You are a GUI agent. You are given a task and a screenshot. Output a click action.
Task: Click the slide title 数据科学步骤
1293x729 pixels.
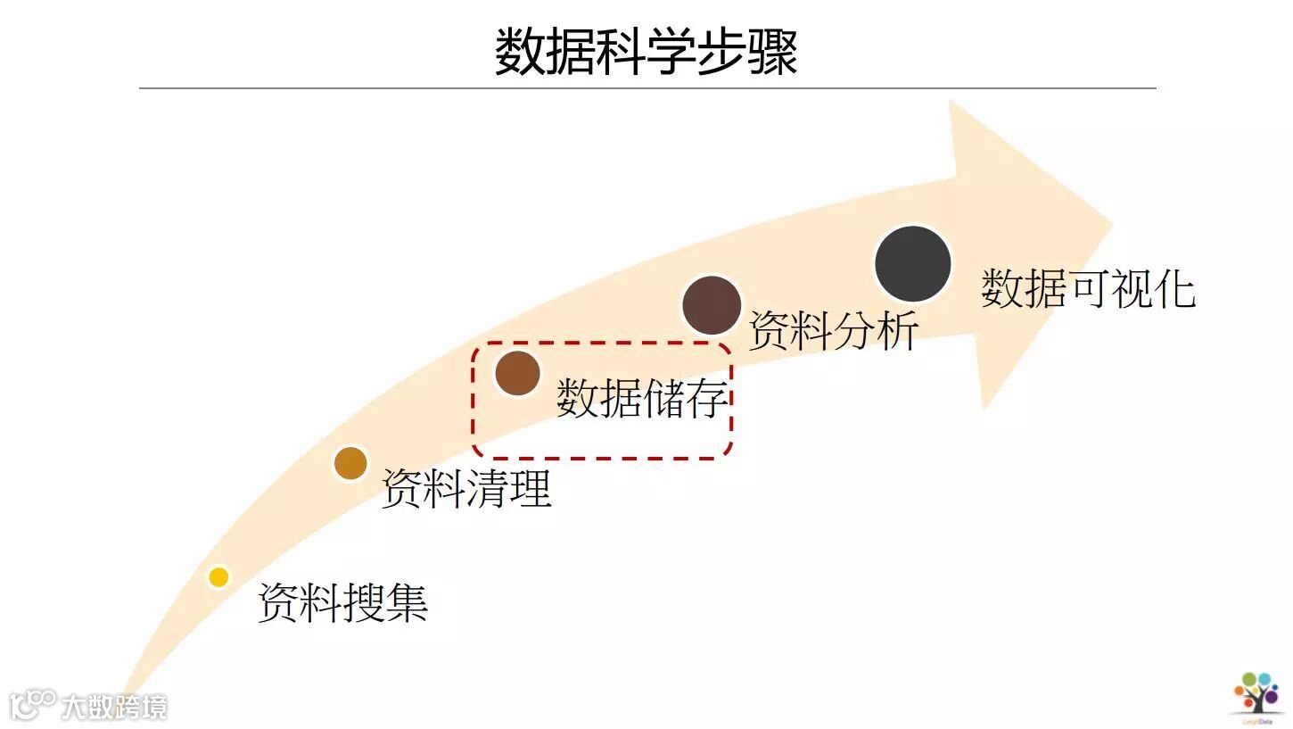click(646, 52)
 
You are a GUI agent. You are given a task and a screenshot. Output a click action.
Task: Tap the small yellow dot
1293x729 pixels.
click(218, 577)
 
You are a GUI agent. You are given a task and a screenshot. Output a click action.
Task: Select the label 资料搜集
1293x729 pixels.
click(342, 602)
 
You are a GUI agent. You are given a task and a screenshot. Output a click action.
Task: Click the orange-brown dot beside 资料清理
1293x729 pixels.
click(350, 463)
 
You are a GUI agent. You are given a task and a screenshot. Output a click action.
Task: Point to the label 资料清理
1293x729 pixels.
click(466, 488)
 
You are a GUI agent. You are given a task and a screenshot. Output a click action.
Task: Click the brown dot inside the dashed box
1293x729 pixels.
click(517, 373)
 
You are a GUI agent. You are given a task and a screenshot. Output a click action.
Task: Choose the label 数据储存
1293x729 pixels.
click(642, 397)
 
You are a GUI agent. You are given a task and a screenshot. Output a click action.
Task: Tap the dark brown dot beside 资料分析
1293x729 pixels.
click(712, 305)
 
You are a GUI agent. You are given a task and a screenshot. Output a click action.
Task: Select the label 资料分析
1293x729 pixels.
click(833, 330)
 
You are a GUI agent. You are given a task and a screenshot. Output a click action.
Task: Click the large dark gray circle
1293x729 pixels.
click(912, 264)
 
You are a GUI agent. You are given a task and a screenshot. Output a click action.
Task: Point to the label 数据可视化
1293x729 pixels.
click(1088, 288)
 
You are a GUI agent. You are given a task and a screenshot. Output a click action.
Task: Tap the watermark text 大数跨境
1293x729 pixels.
click(113, 708)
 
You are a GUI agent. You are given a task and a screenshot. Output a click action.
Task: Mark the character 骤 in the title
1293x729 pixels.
click(772, 52)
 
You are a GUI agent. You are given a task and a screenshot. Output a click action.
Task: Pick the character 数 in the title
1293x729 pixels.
click(520, 52)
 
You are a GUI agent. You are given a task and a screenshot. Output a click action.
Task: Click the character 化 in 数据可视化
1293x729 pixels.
click(1174, 288)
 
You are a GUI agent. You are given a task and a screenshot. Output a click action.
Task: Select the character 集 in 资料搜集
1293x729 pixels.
click(407, 602)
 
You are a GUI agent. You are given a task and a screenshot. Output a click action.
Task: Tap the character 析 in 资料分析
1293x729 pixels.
click(897, 330)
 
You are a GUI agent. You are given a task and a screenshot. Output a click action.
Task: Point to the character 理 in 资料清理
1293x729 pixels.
click(531, 488)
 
